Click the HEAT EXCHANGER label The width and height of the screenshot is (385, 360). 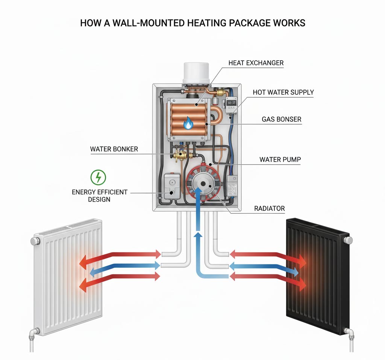pos(256,63)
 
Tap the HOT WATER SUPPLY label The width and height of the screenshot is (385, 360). pos(283,92)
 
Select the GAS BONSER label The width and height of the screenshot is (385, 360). pos(282,119)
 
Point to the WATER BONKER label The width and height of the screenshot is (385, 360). pos(114,149)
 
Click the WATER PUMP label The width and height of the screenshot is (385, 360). pos(280,159)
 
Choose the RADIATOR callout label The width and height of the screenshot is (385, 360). pos(269,208)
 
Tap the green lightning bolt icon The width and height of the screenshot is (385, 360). pos(99,177)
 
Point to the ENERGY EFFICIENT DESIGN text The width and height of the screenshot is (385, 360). pos(99,196)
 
